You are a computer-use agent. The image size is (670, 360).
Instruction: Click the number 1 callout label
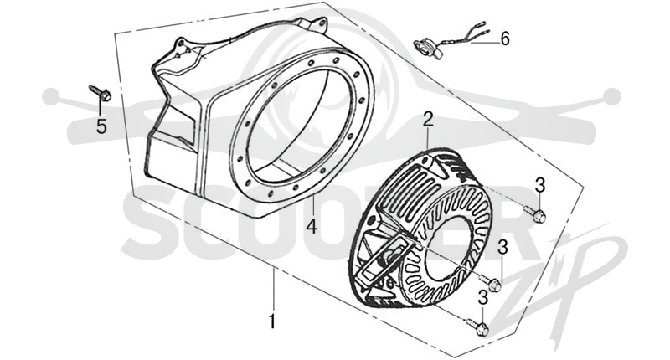click(x=271, y=321)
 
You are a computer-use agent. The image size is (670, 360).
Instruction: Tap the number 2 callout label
click(x=428, y=119)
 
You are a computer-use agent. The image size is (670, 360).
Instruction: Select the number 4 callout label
click(x=312, y=226)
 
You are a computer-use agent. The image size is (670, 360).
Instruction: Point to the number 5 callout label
click(x=101, y=126)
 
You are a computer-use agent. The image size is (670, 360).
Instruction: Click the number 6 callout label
click(x=505, y=39)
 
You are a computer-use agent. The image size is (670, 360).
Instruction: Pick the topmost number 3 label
click(x=540, y=186)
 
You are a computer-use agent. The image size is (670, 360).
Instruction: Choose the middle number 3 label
click(x=502, y=247)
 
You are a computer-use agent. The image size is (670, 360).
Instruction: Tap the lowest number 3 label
click(x=483, y=298)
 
